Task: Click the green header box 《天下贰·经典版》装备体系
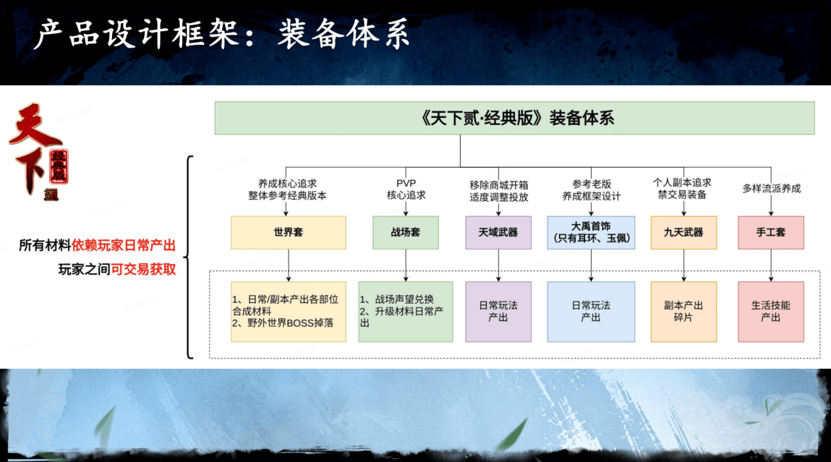514,118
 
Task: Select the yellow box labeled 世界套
289,233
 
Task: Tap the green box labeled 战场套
406,233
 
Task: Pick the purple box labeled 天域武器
498,233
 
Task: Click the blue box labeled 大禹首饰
591,233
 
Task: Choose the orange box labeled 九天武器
683,233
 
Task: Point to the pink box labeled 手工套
770,233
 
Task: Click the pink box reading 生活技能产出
770,312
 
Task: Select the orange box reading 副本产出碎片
683,312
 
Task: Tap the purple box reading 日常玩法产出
498,312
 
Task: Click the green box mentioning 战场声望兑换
406,312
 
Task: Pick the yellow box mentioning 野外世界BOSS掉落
289,312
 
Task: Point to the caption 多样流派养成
771,189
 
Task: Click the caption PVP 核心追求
406,189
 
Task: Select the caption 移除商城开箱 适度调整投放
499,191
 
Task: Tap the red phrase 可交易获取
143,269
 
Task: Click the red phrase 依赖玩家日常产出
124,245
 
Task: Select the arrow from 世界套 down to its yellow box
289,265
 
